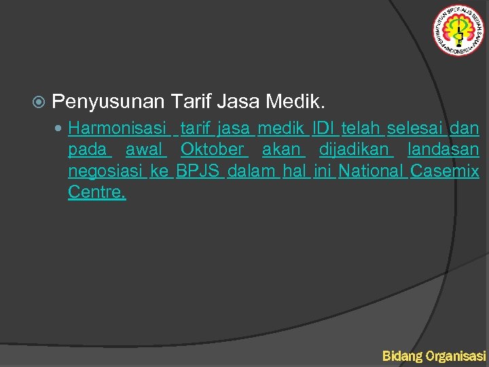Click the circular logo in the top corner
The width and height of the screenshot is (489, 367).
coord(458,30)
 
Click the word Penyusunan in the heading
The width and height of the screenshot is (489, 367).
coord(108,103)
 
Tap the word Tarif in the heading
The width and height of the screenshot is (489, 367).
coord(192,103)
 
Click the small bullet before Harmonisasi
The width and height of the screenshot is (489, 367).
coord(60,128)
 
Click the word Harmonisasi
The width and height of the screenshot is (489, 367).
coord(117,128)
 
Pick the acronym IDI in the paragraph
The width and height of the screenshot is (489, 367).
coord(324,128)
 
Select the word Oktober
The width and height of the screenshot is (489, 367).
coord(212,150)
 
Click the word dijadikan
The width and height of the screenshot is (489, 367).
coord(354,150)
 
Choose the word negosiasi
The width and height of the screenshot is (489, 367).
coord(106,171)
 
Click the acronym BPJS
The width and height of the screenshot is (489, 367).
coord(198,171)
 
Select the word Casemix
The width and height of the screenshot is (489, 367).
coord(445,171)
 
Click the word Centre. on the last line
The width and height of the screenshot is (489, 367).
coord(96,192)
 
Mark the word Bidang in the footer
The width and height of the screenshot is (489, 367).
coord(401,355)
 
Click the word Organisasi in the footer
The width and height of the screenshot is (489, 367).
coord(456,355)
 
